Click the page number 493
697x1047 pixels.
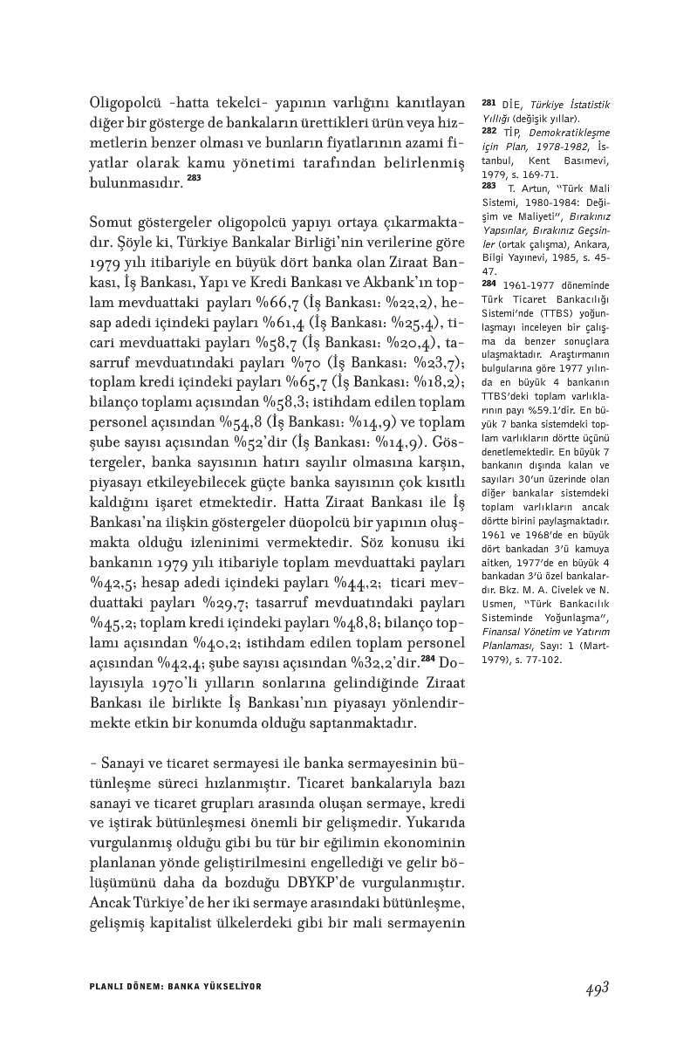point(596,988)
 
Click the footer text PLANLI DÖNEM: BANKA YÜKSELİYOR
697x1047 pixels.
point(176,987)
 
